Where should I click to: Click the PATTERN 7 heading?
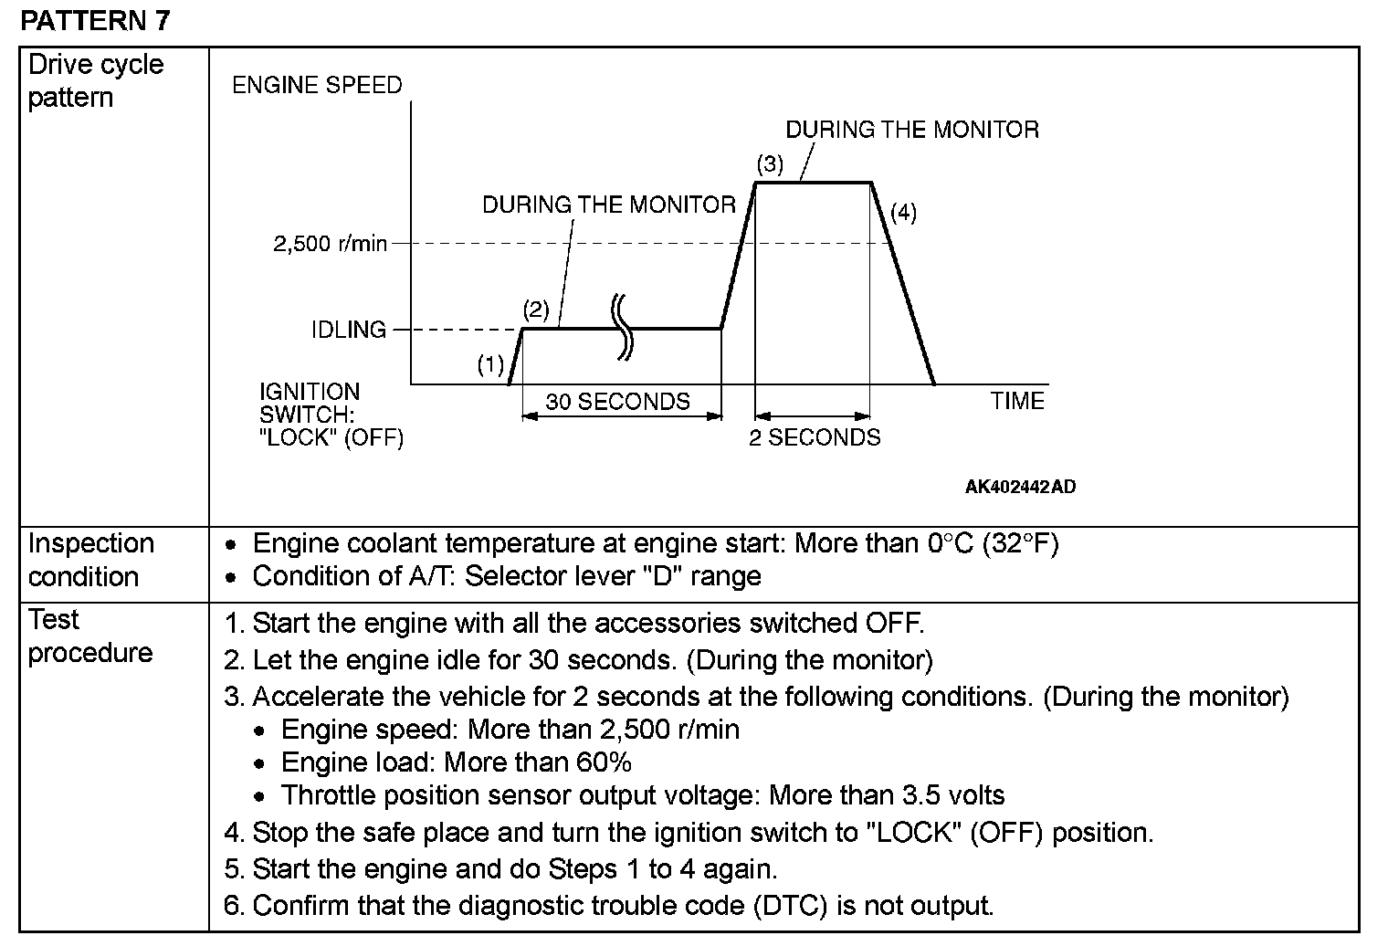(x=95, y=20)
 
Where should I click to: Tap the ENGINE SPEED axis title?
(x=317, y=85)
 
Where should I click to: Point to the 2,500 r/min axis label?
(x=330, y=244)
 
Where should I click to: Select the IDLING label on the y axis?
(x=348, y=330)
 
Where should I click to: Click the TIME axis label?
(x=1017, y=401)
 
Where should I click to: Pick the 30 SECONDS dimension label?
(x=617, y=402)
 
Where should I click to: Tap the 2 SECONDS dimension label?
(x=815, y=437)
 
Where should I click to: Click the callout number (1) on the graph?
(x=490, y=365)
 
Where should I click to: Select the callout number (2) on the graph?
(x=535, y=310)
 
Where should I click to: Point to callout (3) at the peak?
(x=770, y=164)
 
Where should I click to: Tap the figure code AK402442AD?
(x=1020, y=487)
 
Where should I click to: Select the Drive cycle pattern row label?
(x=96, y=80)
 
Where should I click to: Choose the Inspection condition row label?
(x=90, y=560)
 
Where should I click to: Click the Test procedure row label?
(x=89, y=636)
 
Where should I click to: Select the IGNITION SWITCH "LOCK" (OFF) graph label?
(x=331, y=415)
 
